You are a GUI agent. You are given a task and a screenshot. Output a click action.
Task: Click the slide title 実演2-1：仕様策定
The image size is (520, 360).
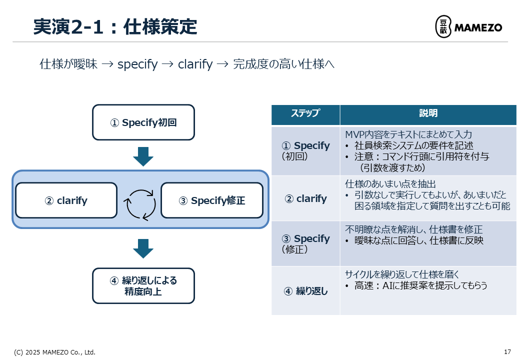coord(115,26)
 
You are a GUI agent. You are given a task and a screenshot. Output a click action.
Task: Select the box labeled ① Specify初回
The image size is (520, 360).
coord(143,122)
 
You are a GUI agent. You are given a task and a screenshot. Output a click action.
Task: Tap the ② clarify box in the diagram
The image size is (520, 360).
coord(66,200)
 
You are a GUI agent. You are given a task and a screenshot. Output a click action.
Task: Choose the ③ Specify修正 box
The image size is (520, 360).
coord(212,200)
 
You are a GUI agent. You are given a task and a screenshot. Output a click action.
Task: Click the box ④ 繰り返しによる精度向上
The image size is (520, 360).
coord(143,285)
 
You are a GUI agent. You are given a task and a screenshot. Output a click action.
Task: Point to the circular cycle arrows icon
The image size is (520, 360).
coord(140,204)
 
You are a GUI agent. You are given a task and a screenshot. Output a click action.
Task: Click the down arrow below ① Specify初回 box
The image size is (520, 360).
coord(143,156)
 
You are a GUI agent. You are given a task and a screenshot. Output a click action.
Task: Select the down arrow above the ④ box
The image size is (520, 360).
coord(143,248)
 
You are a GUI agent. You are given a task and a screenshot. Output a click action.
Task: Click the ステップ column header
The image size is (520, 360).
coord(305,113)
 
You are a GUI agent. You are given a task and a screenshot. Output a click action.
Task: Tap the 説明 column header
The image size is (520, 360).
coord(428,113)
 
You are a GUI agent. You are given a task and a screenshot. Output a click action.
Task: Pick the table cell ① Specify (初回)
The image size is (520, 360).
coord(305,150)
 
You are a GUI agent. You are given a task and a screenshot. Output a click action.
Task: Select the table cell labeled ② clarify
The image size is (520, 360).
coord(305,198)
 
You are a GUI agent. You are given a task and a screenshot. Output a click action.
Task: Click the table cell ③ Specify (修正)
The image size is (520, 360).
coord(305,243)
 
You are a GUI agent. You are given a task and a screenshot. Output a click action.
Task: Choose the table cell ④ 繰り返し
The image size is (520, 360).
coord(305,290)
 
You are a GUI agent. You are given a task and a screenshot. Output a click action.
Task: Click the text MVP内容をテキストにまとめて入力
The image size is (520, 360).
coord(408,134)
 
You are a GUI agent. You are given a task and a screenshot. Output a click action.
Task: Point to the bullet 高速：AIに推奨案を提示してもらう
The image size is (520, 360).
coord(420,285)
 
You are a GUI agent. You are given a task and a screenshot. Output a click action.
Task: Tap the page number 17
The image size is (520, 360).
coord(507,351)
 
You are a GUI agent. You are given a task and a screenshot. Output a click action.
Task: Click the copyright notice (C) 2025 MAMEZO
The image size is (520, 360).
coord(54,352)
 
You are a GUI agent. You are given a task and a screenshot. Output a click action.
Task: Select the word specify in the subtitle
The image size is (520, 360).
coord(137,64)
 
